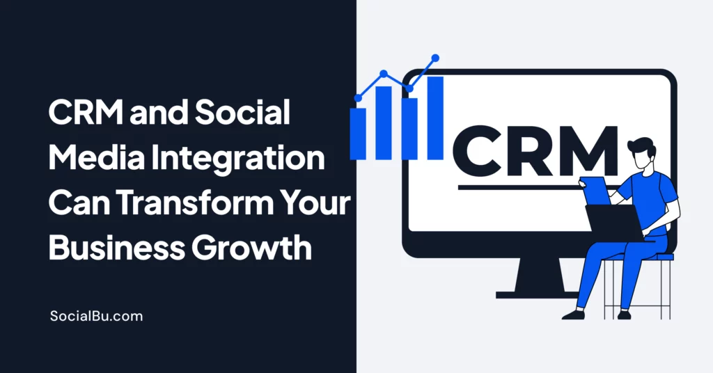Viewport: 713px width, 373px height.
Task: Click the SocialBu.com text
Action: click(96, 316)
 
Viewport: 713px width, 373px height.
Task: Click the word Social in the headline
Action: click(242, 112)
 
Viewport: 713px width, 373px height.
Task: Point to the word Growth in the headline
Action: click(251, 248)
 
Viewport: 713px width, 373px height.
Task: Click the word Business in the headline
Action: click(117, 248)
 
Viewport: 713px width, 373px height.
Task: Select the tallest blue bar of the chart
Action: click(435, 118)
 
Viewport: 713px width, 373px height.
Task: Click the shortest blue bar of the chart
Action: click(358, 134)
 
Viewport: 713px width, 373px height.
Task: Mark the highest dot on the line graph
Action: click(435, 58)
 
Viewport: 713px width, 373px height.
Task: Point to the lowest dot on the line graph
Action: click(358, 97)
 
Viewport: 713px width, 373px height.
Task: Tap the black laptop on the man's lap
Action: click(614, 221)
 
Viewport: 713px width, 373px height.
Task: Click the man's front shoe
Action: click(574, 315)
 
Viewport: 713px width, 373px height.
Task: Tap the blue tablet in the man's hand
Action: click(596, 191)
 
